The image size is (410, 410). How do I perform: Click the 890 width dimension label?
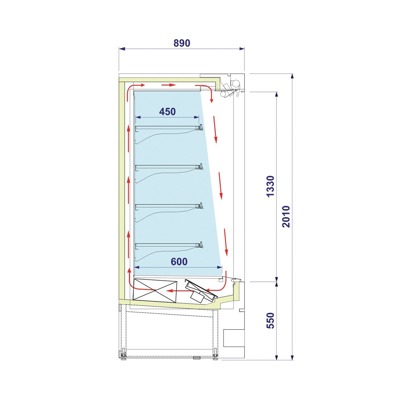click(182, 43)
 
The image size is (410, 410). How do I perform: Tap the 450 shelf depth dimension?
click(167, 112)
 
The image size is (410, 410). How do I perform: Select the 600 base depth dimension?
click(179, 262)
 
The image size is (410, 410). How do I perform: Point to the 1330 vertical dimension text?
click(271, 187)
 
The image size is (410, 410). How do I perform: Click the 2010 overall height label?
click(286, 217)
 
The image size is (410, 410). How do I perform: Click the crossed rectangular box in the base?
click(155, 291)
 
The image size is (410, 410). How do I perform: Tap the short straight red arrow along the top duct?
click(169, 85)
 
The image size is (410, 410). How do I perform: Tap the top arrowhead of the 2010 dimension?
click(292, 77)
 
